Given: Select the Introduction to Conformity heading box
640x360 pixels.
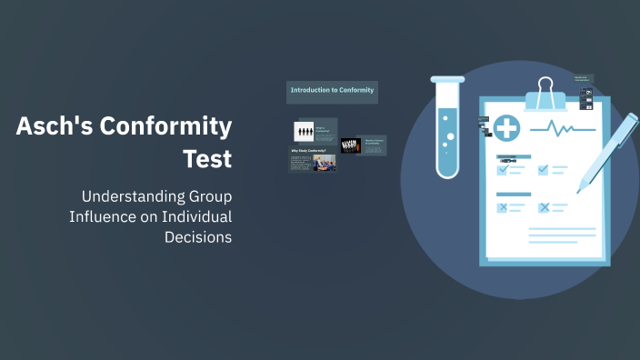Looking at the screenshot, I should (x=332, y=90).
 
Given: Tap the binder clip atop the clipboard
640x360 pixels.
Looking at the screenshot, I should (x=545, y=93).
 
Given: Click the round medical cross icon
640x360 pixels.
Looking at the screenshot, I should (x=506, y=129).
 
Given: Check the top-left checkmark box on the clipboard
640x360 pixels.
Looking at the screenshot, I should (x=503, y=169).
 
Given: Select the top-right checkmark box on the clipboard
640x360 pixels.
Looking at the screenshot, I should (x=544, y=169).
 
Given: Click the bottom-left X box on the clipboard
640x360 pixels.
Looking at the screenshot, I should (x=503, y=208).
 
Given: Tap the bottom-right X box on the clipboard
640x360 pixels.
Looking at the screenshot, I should (x=544, y=208).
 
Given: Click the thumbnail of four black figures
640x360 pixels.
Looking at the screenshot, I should (x=304, y=132).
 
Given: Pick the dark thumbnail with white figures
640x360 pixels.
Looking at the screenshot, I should (x=351, y=145).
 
